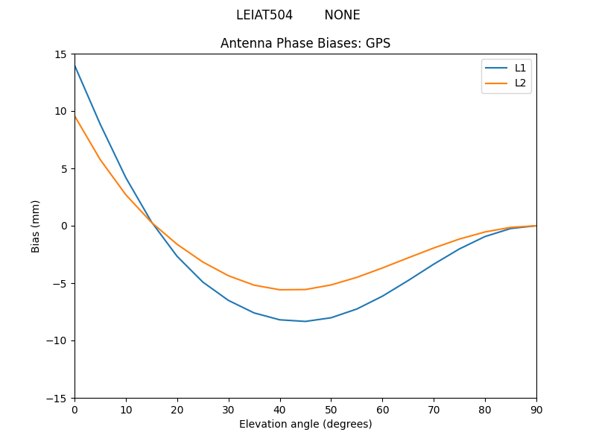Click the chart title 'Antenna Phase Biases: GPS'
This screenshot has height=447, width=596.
click(x=305, y=43)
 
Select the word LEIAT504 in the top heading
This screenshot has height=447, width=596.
click(x=264, y=15)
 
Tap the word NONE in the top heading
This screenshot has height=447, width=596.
click(x=342, y=15)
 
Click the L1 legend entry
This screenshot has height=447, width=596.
click(x=520, y=68)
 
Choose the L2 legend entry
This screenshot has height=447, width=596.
click(x=520, y=83)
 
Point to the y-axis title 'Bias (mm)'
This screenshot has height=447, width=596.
click(x=36, y=226)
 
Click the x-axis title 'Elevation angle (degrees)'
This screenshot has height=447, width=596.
click(x=305, y=424)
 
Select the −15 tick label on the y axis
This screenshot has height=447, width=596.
click(x=58, y=398)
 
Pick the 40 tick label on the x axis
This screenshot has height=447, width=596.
click(x=280, y=409)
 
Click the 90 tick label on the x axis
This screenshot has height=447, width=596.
click(x=536, y=409)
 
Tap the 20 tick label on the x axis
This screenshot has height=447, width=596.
click(x=177, y=409)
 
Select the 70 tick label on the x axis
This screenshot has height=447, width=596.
click(x=434, y=409)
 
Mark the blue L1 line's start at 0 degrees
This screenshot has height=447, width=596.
click(x=75, y=66)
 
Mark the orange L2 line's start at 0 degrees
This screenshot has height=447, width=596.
click(x=75, y=116)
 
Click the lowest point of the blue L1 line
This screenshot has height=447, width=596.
click(x=305, y=321)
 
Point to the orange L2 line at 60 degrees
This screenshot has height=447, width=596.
click(x=382, y=267)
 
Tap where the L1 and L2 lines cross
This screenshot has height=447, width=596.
click(x=152, y=222)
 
